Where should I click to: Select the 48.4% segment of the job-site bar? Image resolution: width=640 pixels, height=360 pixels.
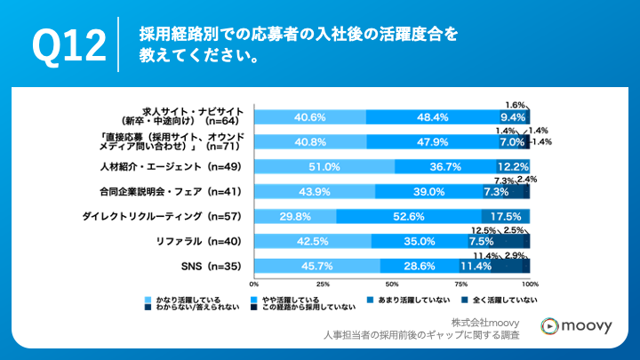click(x=431, y=116)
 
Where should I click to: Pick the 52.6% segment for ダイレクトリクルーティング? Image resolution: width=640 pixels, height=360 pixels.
click(x=408, y=216)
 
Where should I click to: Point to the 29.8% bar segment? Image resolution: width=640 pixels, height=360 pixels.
click(x=295, y=216)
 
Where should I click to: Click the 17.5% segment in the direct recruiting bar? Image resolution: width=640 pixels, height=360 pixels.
click(x=505, y=216)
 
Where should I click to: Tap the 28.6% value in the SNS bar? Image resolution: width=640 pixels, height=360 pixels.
click(x=419, y=266)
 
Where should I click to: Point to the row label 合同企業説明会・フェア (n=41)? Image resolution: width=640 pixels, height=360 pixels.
click(x=172, y=191)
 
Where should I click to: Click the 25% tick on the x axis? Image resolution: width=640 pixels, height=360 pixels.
click(x=324, y=284)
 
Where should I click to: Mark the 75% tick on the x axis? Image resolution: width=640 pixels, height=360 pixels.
click(x=460, y=284)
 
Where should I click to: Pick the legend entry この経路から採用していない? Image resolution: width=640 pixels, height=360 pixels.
click(x=316, y=308)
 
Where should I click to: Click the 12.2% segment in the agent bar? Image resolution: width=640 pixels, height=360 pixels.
click(x=513, y=166)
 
